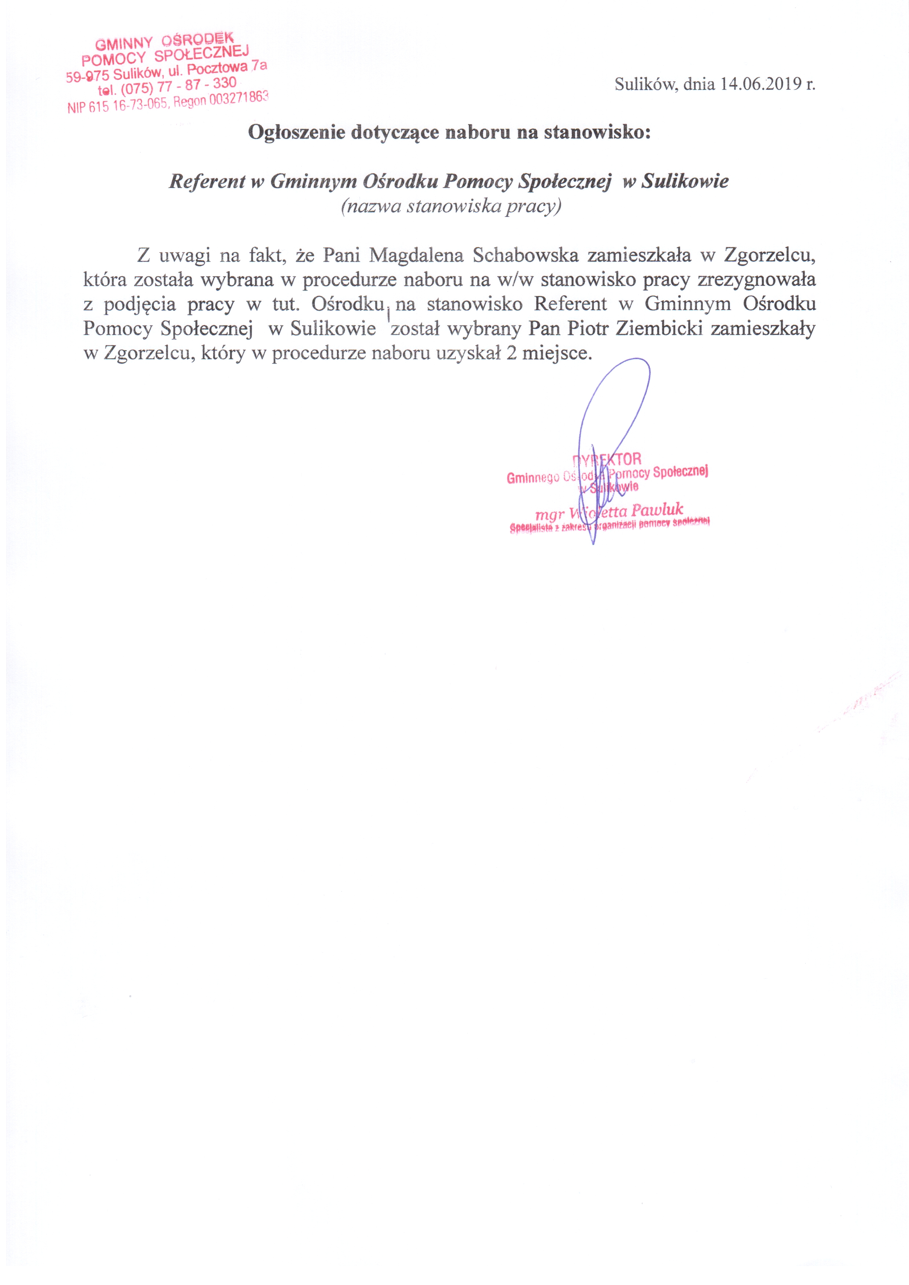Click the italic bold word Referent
207,181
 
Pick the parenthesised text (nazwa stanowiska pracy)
451,207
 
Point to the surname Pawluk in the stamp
657,510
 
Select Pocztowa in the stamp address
218,68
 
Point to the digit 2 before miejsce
511,354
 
